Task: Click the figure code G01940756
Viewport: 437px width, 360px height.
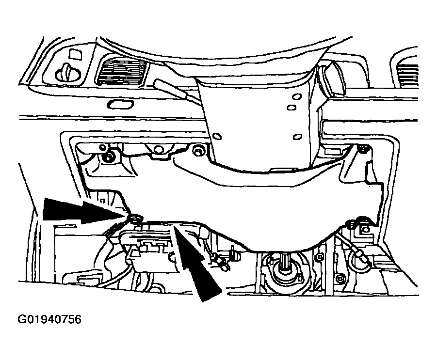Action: [x=49, y=319]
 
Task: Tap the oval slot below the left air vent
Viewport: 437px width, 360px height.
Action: [x=120, y=104]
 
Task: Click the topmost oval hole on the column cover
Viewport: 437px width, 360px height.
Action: [x=297, y=96]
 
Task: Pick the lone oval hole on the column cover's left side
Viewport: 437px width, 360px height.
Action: [x=217, y=137]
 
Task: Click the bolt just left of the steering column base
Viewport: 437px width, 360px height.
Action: [x=198, y=151]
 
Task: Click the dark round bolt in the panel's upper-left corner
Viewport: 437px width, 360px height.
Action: [x=107, y=158]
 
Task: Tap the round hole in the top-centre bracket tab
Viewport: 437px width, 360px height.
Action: [x=159, y=150]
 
